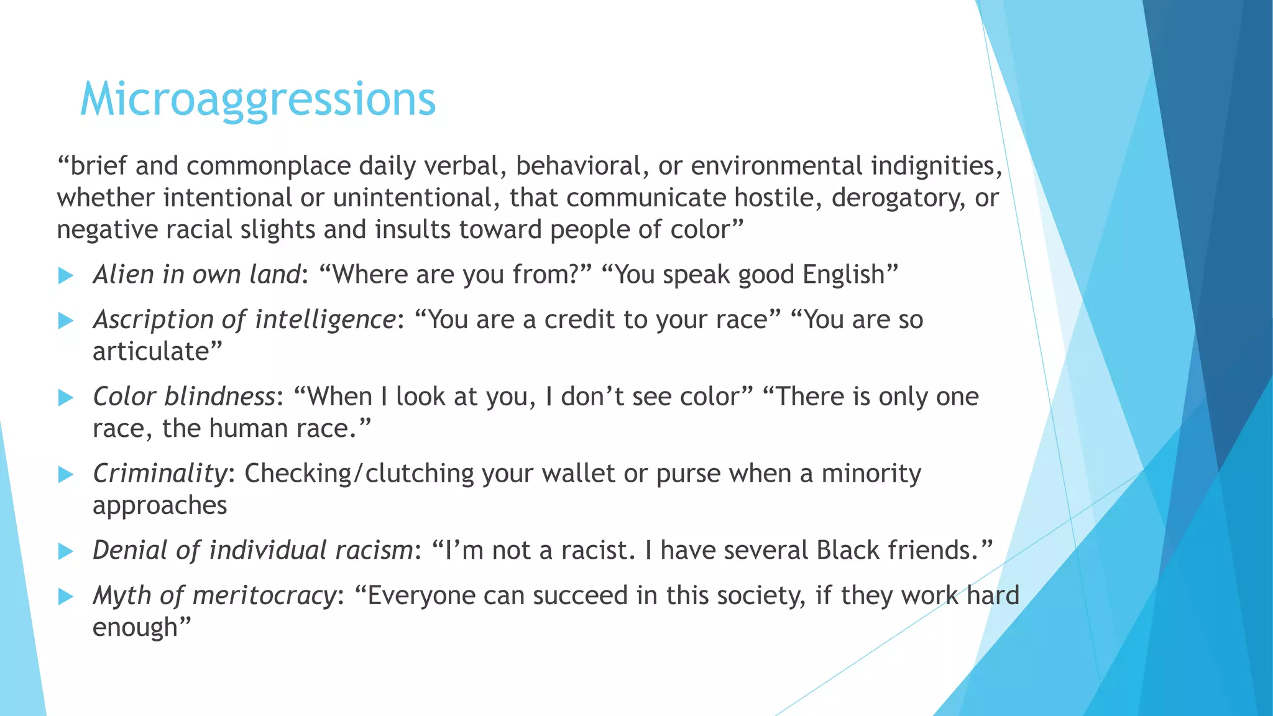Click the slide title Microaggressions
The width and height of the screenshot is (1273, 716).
pos(258,99)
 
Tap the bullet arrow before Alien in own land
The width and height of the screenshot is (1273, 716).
pos(66,276)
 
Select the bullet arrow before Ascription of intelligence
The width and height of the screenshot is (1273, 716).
pos(66,321)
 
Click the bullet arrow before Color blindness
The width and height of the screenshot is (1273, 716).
pos(66,398)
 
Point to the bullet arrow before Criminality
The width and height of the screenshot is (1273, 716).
pos(66,475)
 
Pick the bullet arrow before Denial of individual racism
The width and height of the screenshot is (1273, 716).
pos(66,551)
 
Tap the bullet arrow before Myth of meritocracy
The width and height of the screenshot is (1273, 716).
pos(66,597)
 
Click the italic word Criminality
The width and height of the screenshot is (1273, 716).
pos(160,474)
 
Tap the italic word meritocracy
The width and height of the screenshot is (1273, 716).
pos(264,595)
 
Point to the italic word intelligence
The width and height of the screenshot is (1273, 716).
pos(325,319)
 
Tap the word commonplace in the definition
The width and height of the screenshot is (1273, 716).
pos(271,166)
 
